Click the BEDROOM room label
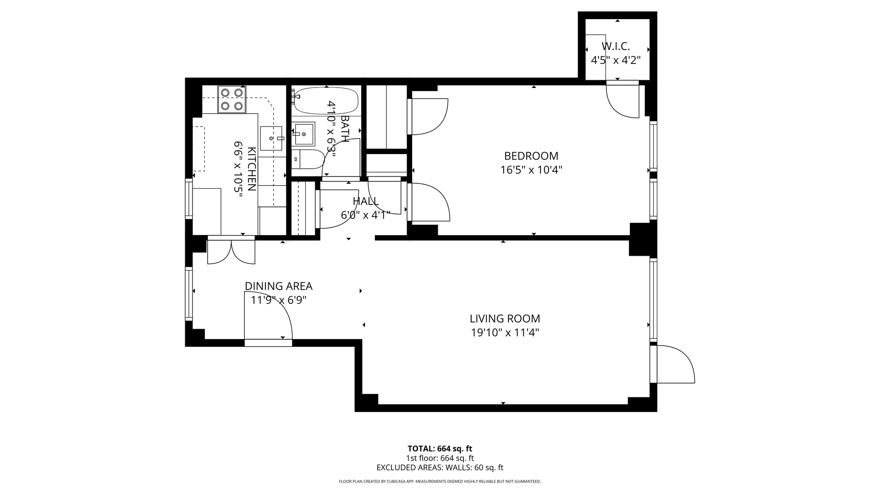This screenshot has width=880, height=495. pos(531,156)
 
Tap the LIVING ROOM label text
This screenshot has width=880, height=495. pos(505,319)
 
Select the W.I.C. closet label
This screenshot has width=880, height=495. pos(616,46)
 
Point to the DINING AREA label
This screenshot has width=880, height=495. pos(278,286)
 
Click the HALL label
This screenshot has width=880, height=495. pos(366,201)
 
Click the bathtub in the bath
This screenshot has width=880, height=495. pos(326,101)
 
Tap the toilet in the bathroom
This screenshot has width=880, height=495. pos(308,159)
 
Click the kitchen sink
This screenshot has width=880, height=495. pos(271,138)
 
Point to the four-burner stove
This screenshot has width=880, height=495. pos(231,99)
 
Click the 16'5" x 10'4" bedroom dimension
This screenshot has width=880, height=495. pos(531,170)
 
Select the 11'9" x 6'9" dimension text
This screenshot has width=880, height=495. pos(278,300)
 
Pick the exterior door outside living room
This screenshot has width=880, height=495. pos(675,364)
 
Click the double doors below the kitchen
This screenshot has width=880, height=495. pos(231,251)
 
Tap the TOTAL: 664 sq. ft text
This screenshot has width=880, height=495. pos(440,449)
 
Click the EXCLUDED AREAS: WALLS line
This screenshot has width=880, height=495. pos(440,467)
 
